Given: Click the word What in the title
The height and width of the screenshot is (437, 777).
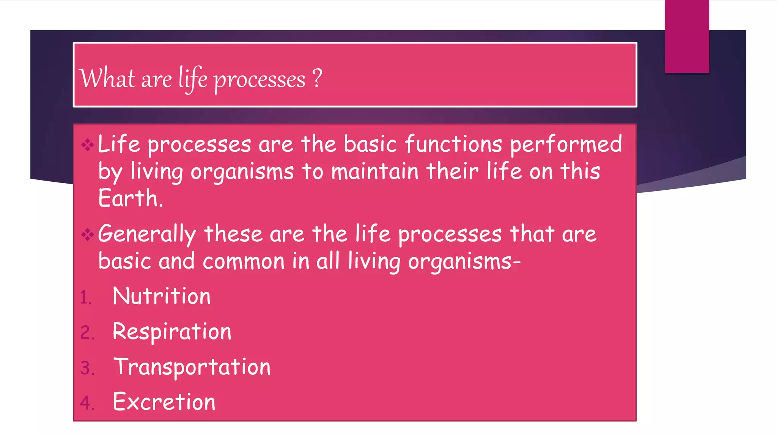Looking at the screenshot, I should [x=107, y=79].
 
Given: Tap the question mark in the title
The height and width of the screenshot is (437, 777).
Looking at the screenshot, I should [x=317, y=78].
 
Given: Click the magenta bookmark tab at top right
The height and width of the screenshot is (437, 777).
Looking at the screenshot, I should [x=687, y=36].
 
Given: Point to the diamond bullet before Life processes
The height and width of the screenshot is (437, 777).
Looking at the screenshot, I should [x=87, y=145].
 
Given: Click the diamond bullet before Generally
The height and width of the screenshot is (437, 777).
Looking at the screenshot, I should [x=87, y=234].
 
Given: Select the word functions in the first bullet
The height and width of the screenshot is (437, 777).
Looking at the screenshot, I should [x=453, y=144].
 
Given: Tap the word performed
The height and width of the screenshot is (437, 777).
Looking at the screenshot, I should [x=566, y=145].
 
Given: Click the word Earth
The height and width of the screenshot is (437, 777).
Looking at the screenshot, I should [x=130, y=198].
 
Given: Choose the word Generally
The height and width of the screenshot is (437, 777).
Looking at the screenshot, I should [x=147, y=234].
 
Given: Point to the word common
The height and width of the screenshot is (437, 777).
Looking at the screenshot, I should [x=244, y=261].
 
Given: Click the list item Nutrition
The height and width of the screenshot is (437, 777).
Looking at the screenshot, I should [x=162, y=296].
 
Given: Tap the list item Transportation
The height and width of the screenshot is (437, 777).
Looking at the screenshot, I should [x=192, y=367].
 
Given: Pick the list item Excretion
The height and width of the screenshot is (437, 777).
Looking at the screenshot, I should [x=164, y=402].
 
